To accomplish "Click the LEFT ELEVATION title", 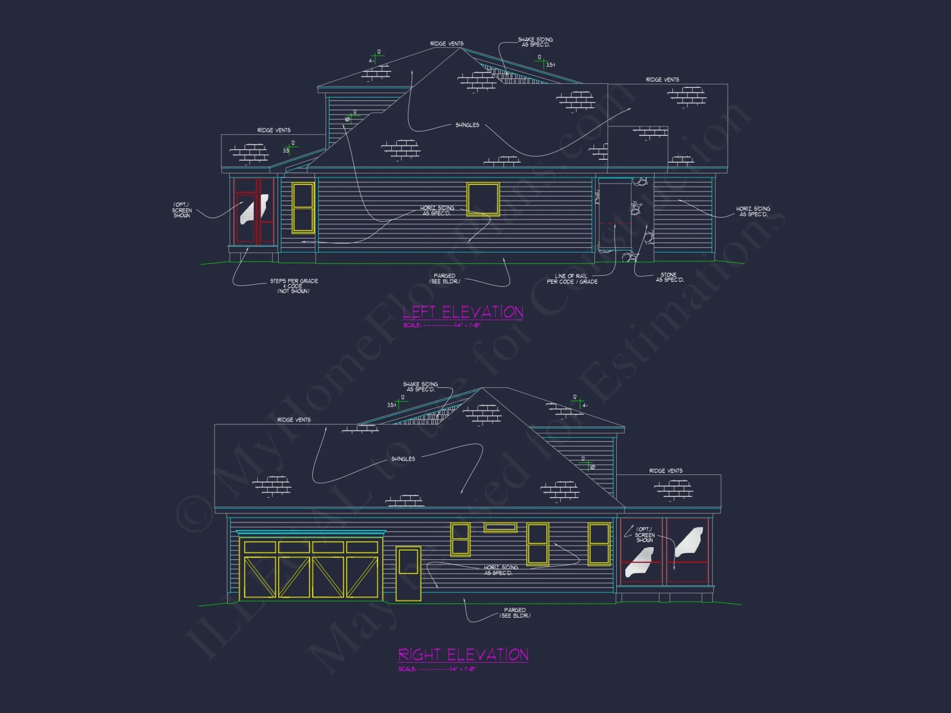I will pos(463,312).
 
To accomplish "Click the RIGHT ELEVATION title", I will pos(463,655).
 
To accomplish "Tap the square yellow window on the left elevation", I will pos(483,199).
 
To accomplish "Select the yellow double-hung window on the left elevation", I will pos(303,208).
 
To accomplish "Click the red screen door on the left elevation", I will pos(253,211).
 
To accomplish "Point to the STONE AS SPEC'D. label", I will pos(669,278).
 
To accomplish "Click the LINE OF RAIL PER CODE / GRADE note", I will pos(572,279).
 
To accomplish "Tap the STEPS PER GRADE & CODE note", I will pos(294,286).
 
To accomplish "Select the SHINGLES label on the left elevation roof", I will pos(467,125).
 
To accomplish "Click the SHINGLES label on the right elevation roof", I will pos(403,459).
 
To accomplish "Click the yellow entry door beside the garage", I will pos(408,574).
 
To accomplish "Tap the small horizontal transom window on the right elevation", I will pos(500,527).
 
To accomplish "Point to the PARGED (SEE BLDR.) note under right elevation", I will pos(515,613).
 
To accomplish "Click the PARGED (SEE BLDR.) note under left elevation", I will pos(445,279).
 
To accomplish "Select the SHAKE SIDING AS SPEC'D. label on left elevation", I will pos(535,42).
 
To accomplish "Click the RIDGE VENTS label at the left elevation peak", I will pos(446,44).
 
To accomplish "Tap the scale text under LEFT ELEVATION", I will pos(442,326).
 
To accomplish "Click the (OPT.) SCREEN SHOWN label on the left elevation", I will pos(182,210).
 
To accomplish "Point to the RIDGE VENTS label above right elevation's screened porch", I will pos(666,471).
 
